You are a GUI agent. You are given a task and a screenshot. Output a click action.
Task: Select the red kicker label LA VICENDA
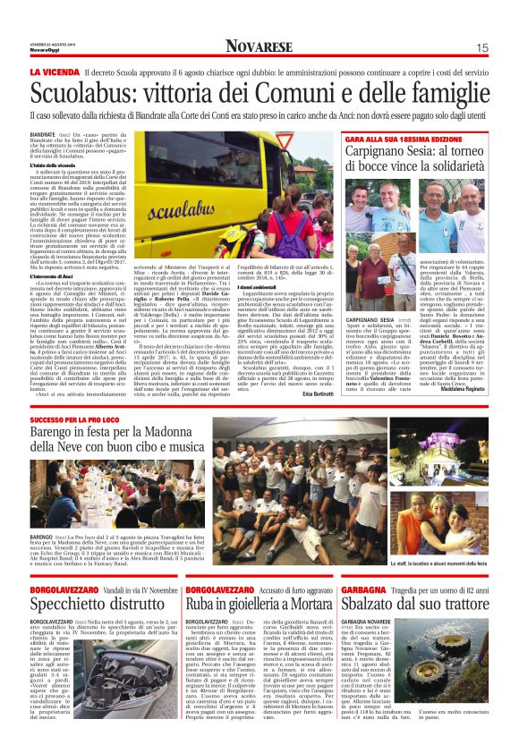pos(55,72)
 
